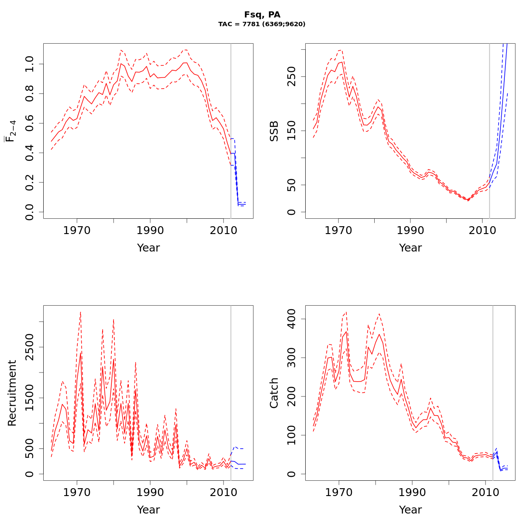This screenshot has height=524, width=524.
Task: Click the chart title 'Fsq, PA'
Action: click(262, 15)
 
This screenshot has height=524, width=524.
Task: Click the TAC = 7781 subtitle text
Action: click(262, 24)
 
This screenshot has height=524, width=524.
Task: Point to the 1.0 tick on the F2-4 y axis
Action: click(29, 64)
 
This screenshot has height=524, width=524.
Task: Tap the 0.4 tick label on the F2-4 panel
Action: click(29, 153)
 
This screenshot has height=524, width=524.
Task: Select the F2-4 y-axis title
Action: click(10, 131)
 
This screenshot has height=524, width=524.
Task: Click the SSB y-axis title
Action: click(274, 131)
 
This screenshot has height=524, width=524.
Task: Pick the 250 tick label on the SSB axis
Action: click(291, 76)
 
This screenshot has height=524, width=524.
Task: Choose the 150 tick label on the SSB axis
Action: click(291, 131)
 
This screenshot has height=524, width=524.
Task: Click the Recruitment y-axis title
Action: click(12, 393)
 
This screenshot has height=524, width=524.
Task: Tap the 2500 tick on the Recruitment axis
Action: click(29, 347)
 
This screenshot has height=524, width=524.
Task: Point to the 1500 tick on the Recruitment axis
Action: click(29, 398)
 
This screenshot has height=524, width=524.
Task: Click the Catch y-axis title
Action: click(274, 393)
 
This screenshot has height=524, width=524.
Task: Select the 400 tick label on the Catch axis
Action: click(291, 319)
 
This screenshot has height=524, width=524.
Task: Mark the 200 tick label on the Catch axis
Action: click(291, 396)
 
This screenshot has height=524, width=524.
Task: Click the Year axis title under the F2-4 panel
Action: click(148, 248)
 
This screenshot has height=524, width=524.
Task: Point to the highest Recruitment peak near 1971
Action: click(80, 312)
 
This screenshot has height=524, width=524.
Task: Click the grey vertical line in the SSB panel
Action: click(490, 131)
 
